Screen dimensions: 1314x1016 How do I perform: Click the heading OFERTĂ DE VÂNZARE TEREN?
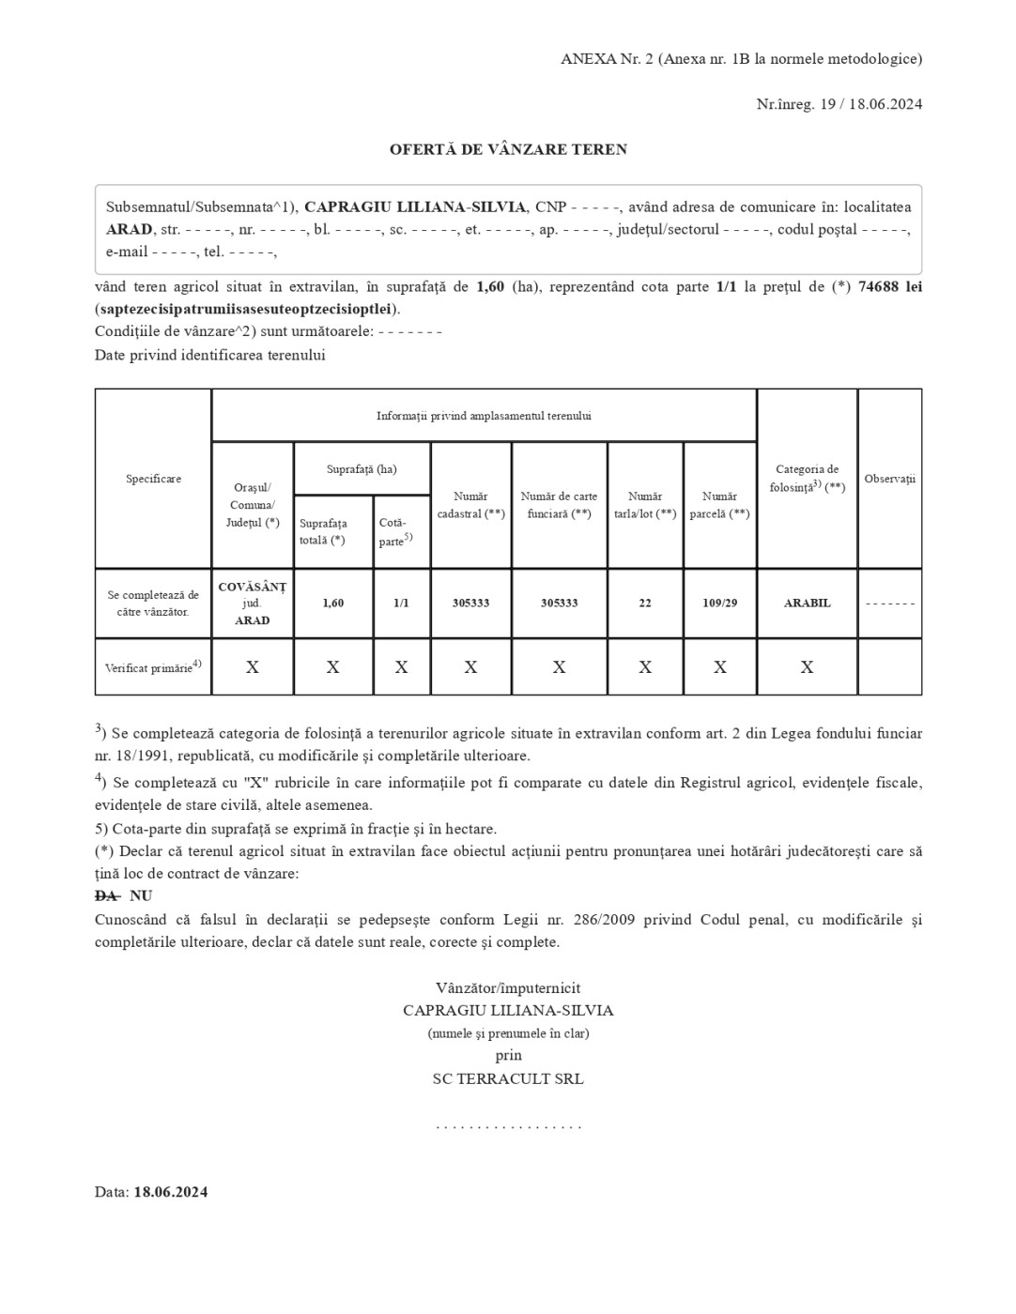[x=508, y=149]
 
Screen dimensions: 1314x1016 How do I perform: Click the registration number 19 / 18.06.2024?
[x=870, y=104]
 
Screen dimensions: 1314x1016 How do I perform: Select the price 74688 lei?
[x=889, y=286]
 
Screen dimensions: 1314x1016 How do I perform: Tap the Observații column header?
[x=889, y=479]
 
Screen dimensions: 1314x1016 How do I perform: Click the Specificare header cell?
[x=153, y=479]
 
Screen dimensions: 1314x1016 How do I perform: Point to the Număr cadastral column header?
[x=470, y=505]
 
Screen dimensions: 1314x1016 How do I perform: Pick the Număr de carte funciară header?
[x=559, y=505]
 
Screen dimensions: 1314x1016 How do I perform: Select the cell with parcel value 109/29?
[x=719, y=603]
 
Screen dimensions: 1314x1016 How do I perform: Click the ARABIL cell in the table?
[x=807, y=603]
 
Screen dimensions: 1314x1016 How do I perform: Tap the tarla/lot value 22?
[x=645, y=603]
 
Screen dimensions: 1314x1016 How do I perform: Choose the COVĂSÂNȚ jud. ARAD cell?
[x=253, y=603]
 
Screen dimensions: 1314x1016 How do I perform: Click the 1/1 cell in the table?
[x=401, y=603]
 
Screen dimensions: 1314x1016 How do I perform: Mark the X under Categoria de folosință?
[x=807, y=667]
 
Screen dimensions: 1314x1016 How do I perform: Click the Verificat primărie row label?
[x=153, y=667]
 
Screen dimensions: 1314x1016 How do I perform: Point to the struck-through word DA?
[x=106, y=896]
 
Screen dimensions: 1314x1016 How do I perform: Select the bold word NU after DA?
[x=141, y=896]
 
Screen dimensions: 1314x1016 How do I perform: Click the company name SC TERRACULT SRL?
[x=508, y=1079]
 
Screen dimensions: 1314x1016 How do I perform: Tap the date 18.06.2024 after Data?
[x=170, y=1193]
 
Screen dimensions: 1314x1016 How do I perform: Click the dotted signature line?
[x=508, y=1125]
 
